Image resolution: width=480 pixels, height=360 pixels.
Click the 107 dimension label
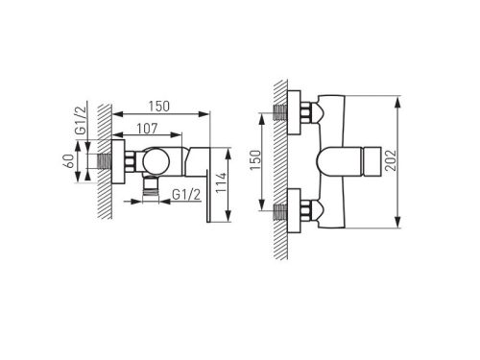point(147,129)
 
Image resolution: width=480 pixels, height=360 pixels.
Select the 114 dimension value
point(221,182)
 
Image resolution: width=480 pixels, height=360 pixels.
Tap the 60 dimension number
point(69,161)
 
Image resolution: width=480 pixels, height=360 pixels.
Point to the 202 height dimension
point(391,160)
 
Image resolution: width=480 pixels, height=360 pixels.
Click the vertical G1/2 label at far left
point(81,120)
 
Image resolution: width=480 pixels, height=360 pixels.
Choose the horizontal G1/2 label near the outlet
point(186,194)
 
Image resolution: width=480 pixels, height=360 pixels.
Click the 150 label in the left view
point(159,107)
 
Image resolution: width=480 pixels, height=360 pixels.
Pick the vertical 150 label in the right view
point(255,160)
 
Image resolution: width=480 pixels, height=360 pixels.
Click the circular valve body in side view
point(156,161)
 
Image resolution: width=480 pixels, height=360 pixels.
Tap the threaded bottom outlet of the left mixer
point(151,189)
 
